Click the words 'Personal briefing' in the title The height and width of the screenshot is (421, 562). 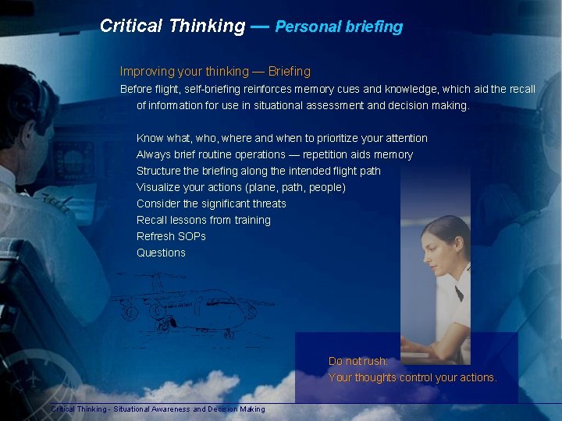(339, 27)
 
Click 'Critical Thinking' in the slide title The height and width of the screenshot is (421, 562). (173, 26)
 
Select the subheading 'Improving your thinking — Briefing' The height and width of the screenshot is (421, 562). (215, 71)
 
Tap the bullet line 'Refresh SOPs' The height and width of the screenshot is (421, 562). (171, 236)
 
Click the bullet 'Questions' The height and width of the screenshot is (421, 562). (161, 253)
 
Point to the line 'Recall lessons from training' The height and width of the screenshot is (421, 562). (203, 220)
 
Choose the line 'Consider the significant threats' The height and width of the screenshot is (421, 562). (211, 203)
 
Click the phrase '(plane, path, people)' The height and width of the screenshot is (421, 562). (295, 187)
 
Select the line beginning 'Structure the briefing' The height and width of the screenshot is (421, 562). (258, 171)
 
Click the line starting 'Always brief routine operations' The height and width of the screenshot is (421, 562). (274, 154)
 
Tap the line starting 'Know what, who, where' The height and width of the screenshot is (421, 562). (282, 138)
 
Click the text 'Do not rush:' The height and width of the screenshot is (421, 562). (357, 361)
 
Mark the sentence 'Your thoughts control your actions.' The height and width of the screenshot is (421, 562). (412, 377)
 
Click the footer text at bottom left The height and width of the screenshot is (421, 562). (158, 409)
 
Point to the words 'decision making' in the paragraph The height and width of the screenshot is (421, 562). (430, 105)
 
